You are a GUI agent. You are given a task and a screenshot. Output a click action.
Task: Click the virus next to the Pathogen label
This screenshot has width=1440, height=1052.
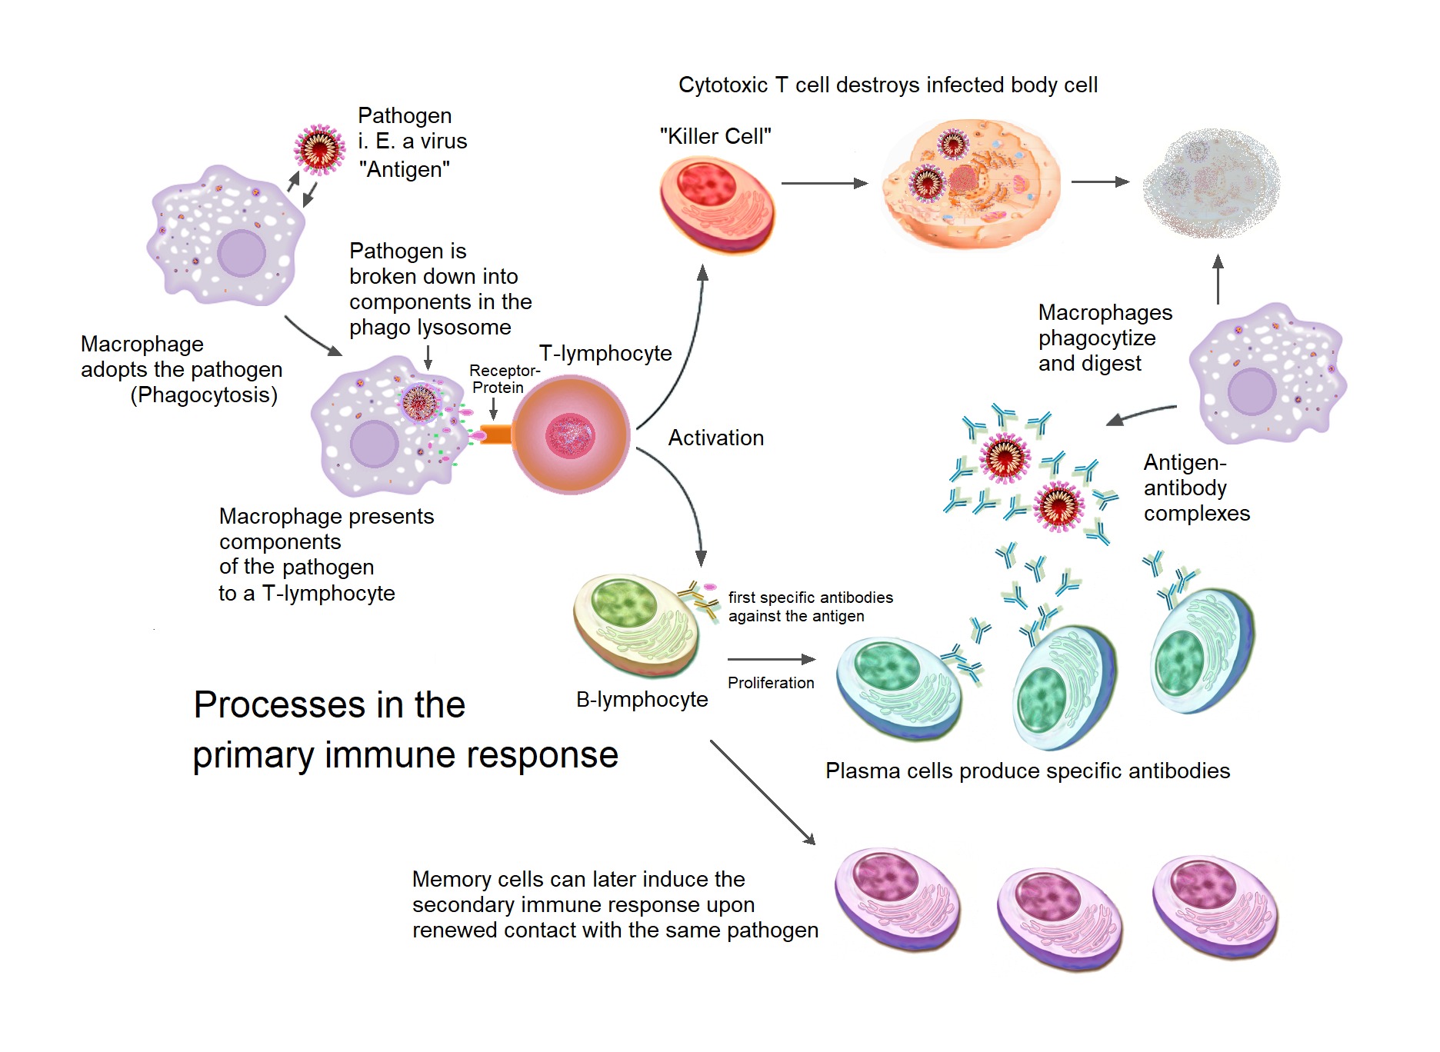point(319,150)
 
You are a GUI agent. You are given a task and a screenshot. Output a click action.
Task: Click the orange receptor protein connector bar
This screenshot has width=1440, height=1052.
point(497,434)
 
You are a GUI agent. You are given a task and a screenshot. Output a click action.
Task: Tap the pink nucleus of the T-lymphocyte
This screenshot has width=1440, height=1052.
point(570,435)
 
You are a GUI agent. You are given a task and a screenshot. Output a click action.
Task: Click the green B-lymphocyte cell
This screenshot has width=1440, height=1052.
point(637,624)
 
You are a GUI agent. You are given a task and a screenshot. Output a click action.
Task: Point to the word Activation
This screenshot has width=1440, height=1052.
point(715,438)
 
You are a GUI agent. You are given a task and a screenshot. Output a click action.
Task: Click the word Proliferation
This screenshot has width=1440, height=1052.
point(770,683)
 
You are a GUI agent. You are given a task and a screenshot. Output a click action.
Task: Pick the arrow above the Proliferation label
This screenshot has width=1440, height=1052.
point(771,659)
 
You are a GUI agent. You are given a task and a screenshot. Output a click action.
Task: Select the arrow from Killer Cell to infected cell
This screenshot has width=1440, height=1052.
point(824,183)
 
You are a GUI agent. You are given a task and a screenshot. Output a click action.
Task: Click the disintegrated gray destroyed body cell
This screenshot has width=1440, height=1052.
point(1211,184)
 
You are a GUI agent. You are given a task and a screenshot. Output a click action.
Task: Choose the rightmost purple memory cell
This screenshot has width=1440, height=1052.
point(1215,907)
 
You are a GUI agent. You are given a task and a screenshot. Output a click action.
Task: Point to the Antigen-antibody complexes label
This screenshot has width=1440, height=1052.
point(1195,488)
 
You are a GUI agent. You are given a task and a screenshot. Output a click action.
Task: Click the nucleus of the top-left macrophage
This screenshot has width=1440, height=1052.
point(242,252)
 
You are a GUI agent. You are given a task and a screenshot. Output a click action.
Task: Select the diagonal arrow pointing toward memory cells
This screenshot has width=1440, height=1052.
point(762,792)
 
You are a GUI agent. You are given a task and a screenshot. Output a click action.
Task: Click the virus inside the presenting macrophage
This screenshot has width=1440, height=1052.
point(420,402)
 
